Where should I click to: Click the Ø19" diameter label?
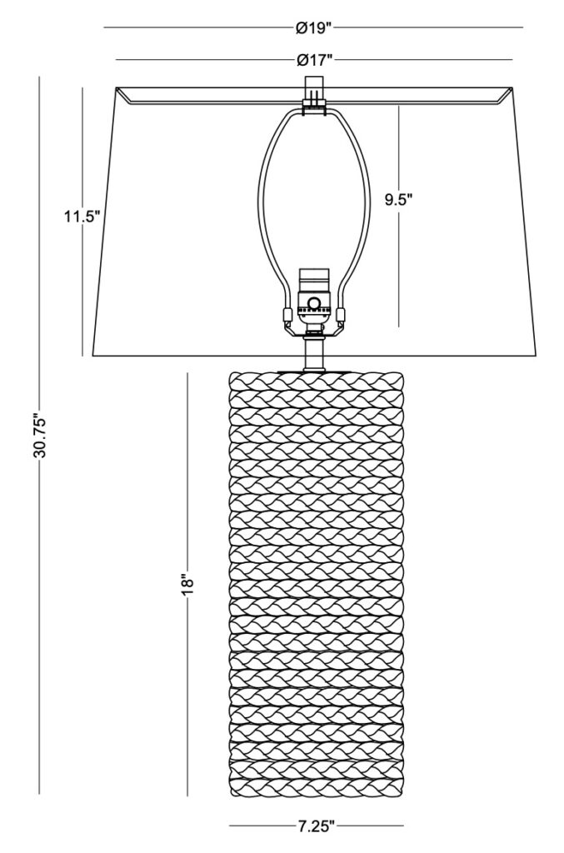tap(314, 27)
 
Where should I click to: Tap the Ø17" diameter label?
tap(314, 60)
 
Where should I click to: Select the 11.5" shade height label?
tap(82, 217)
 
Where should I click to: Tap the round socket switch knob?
tap(314, 302)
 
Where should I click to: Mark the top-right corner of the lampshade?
tap(514, 87)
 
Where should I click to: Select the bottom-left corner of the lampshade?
tap(92, 357)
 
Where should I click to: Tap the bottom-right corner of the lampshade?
tap(538, 357)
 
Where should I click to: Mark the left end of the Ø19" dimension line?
tap(104, 27)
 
